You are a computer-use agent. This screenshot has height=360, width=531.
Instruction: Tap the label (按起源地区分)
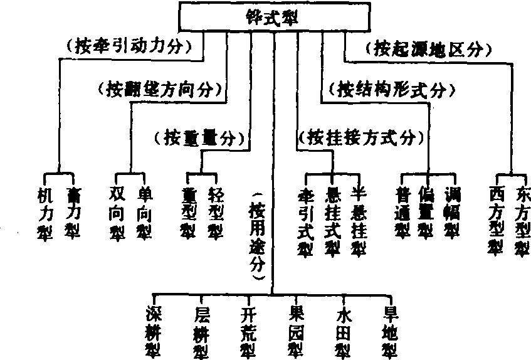point(426,47)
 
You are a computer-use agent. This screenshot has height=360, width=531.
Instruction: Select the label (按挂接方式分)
point(360,136)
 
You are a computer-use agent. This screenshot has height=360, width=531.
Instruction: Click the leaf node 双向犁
point(117,213)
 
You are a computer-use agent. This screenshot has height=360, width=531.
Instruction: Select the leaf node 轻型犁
point(214,213)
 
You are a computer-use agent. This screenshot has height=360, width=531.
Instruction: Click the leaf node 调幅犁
point(451,213)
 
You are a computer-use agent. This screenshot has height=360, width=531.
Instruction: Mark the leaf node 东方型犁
point(521,220)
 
